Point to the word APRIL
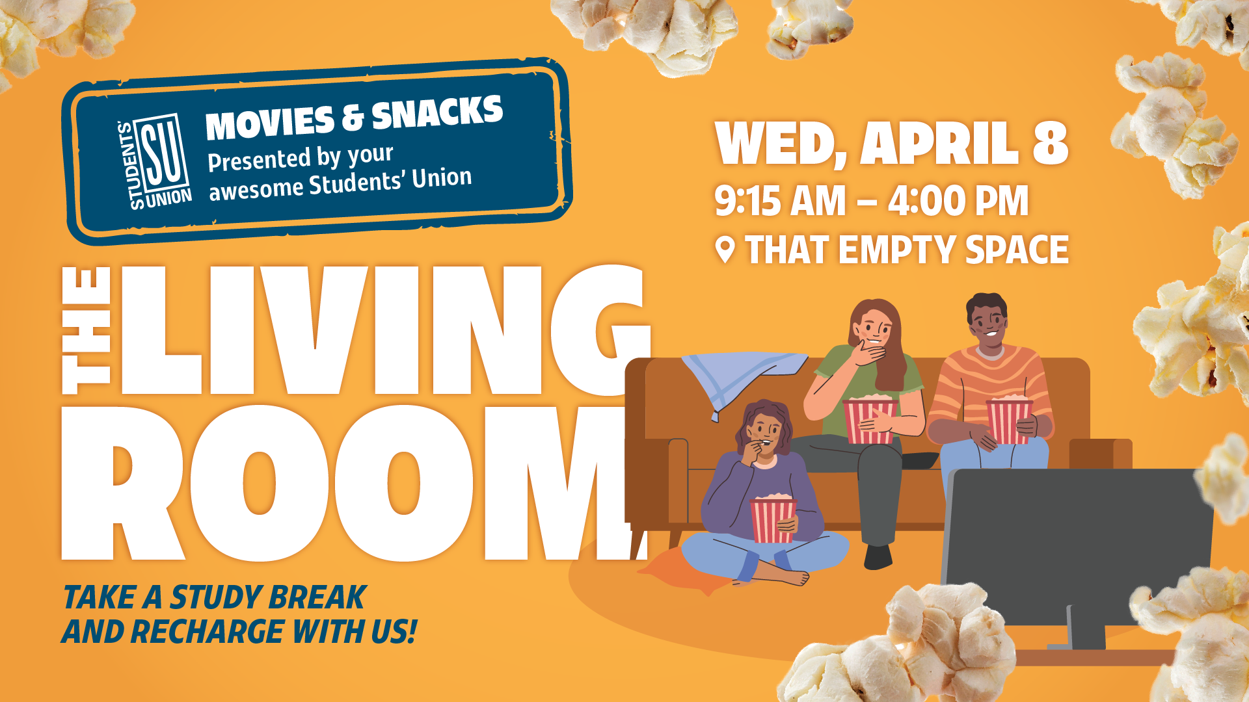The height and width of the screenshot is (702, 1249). (x=939, y=144)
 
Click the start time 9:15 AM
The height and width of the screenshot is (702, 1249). (x=780, y=201)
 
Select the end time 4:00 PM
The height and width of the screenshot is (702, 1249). (x=958, y=201)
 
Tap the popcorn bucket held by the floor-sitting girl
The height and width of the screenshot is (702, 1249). (x=773, y=519)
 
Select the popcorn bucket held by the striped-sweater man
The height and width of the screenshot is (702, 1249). (x=1009, y=421)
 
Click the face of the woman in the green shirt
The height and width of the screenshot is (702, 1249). (x=876, y=328)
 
